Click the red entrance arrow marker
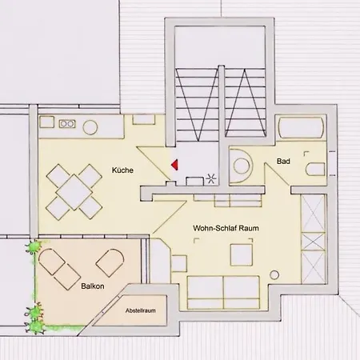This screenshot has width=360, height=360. click(175, 165)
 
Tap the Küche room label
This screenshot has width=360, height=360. click(122, 170)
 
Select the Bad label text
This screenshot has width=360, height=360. click(283, 161)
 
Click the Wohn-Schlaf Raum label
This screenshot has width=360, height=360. click(226, 228)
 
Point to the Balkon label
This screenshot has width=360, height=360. click(93, 286)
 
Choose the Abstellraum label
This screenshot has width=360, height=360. click(141, 310)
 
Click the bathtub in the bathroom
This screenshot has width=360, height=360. click(301, 128)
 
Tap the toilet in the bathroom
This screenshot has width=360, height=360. click(315, 169)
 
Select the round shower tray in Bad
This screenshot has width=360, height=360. click(241, 166)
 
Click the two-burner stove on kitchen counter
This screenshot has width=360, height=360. click(67, 124)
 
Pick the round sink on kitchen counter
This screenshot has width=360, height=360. click(90, 127)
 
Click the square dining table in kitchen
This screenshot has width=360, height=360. click(74, 192)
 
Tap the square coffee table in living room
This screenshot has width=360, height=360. click(242, 254)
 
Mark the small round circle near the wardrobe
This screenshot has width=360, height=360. click(274, 274)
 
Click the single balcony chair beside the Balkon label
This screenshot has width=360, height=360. click(110, 262)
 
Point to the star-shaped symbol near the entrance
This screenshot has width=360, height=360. click(211, 178)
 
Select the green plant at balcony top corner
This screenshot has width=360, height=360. click(34, 247)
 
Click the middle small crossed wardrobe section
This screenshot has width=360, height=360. click(313, 242)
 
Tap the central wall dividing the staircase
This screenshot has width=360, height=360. click(222, 126)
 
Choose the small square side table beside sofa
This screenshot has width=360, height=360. click(179, 263)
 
